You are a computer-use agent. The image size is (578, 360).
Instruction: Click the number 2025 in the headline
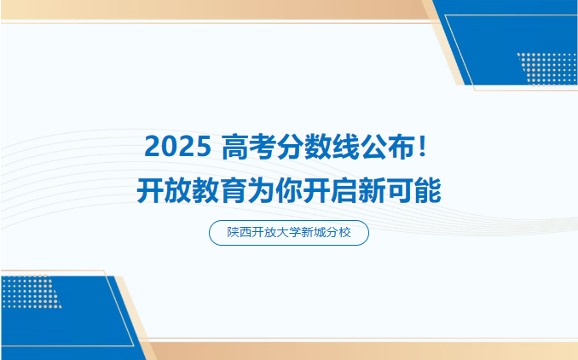(x=176, y=147)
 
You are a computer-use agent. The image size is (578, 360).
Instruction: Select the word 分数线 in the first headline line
(x=317, y=147)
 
